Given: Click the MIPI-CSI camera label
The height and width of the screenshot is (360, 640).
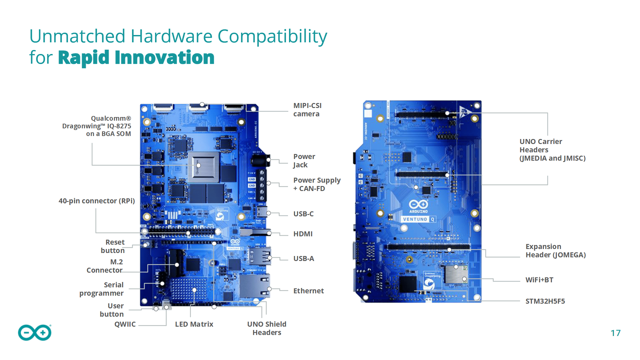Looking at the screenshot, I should pyautogui.click(x=307, y=110).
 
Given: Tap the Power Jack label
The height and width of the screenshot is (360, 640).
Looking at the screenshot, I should pyautogui.click(x=304, y=161).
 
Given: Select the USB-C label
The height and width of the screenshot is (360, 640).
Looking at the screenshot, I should pyautogui.click(x=303, y=214).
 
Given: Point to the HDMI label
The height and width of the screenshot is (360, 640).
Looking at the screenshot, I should pyautogui.click(x=303, y=234).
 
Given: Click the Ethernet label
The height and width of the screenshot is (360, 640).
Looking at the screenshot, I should pyautogui.click(x=308, y=291).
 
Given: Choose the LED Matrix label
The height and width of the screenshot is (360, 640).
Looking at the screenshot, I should pyautogui.click(x=194, y=324).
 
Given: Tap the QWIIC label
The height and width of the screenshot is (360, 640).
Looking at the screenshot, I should pyautogui.click(x=125, y=324).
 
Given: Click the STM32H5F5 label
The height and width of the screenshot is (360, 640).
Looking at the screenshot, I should pyautogui.click(x=545, y=301).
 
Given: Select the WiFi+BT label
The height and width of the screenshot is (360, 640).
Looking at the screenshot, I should pyautogui.click(x=539, y=280).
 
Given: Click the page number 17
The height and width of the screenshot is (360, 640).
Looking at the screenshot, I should pyautogui.click(x=615, y=333).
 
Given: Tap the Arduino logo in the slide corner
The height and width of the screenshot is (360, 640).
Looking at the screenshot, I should pyautogui.click(x=35, y=333).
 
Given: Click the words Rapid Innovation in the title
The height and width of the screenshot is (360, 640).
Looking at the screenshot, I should pyautogui.click(x=136, y=58).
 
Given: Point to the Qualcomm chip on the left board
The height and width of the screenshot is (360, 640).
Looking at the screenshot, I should pyautogui.click(x=203, y=167).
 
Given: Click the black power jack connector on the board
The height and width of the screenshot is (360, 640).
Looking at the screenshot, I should pyautogui.click(x=260, y=160).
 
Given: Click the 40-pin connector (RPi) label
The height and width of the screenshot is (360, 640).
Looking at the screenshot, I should pyautogui.click(x=97, y=201).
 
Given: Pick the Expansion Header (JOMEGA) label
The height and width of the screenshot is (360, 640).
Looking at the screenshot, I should pyautogui.click(x=555, y=251).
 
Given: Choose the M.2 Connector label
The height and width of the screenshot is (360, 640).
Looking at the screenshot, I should pyautogui.click(x=105, y=266).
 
